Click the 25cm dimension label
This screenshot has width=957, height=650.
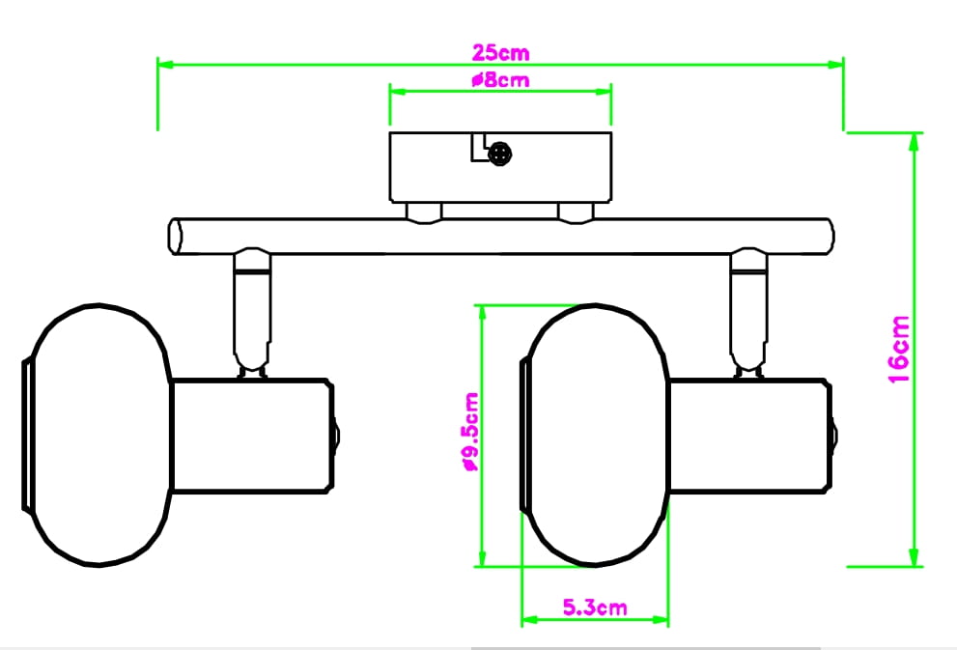click(x=500, y=52)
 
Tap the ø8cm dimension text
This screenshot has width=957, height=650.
click(x=500, y=80)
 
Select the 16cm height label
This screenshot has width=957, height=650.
click(x=899, y=350)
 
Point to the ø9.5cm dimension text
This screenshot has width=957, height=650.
click(x=471, y=432)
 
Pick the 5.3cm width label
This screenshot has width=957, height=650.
click(x=595, y=608)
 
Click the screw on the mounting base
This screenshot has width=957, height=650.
click(x=500, y=154)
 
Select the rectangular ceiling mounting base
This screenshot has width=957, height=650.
click(x=500, y=167)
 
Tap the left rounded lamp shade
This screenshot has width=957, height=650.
click(x=98, y=436)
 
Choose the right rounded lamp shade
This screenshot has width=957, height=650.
click(x=595, y=436)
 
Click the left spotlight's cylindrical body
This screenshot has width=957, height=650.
click(x=251, y=436)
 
